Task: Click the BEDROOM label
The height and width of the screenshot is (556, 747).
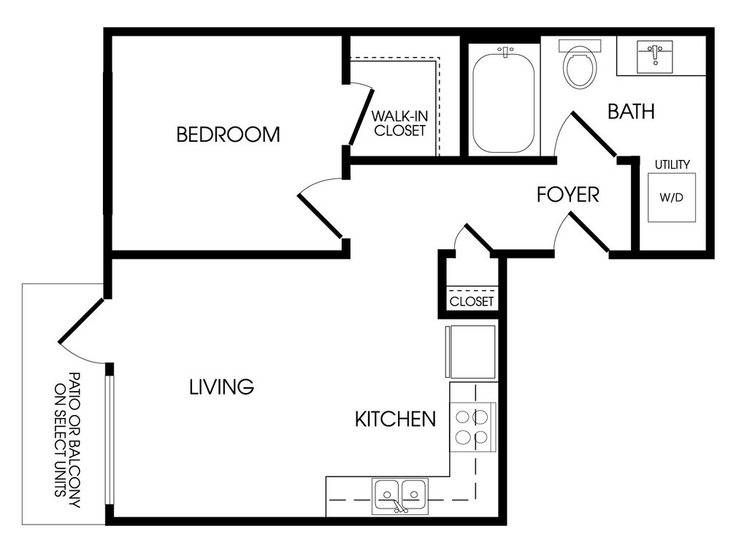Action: pos(228,134)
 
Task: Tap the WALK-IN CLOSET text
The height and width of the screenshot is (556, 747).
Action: pos(399,123)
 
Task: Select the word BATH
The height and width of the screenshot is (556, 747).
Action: pos(631,111)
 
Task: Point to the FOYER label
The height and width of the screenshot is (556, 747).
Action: pos(567,194)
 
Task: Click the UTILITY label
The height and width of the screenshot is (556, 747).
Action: pos(673,164)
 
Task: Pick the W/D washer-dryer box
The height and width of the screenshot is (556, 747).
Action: pos(672,197)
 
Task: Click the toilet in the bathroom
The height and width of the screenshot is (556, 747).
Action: pos(579,64)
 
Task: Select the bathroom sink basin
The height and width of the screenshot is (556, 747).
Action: pos(656,57)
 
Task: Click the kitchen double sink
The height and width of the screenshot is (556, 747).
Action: pos(400,496)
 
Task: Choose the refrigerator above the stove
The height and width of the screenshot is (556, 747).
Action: pos(471,351)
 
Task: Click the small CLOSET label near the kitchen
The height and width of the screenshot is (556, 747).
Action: pos(472,301)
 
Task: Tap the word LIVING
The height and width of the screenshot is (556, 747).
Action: pos(221,386)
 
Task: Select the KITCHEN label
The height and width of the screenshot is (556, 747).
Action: pos(396,419)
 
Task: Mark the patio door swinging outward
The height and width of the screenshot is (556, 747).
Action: pos(81,321)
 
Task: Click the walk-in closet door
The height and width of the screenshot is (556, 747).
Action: pos(361,117)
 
